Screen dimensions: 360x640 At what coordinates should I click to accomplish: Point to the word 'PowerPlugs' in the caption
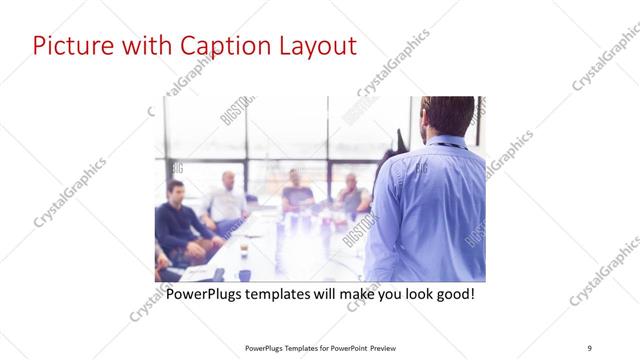coord(204,296)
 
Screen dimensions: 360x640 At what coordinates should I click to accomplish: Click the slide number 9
coord(590,347)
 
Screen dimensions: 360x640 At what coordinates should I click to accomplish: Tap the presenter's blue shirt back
coord(430,210)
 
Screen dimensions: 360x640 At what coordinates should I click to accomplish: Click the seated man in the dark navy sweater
coord(178,222)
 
